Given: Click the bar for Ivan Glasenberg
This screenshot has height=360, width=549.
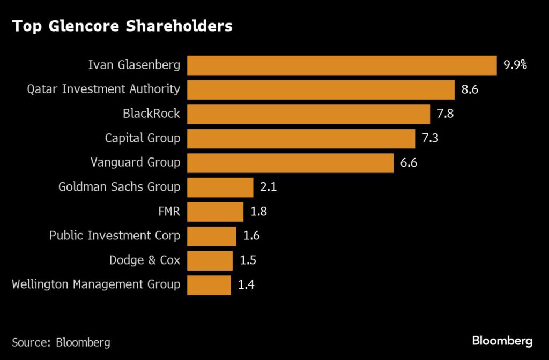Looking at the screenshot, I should [x=342, y=65].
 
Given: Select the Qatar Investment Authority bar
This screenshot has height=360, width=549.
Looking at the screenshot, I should [x=321, y=90].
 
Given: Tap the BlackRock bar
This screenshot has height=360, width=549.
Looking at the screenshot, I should [x=308, y=114].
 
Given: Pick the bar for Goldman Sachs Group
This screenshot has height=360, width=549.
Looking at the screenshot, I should [x=220, y=187].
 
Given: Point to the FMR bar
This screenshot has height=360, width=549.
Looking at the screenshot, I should [x=215, y=212].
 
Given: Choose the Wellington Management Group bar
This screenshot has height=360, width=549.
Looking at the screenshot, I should [x=209, y=284].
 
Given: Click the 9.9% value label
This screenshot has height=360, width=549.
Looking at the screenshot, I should [x=515, y=65].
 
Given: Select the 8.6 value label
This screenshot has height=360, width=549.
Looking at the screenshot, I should [x=470, y=90].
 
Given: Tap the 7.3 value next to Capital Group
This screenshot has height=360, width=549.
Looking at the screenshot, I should [x=431, y=139].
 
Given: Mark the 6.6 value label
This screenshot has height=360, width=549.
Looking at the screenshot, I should [x=409, y=163].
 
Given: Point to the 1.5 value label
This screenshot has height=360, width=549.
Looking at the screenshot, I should [x=248, y=260].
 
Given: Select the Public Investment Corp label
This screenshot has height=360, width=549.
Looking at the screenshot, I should [x=115, y=236].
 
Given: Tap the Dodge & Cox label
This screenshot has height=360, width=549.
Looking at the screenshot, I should [x=145, y=260].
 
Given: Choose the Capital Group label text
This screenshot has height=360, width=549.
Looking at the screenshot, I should [x=143, y=139].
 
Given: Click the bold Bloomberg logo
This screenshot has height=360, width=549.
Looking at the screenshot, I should [x=502, y=341].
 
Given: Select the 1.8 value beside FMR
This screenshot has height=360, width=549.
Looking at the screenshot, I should [x=258, y=212].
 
